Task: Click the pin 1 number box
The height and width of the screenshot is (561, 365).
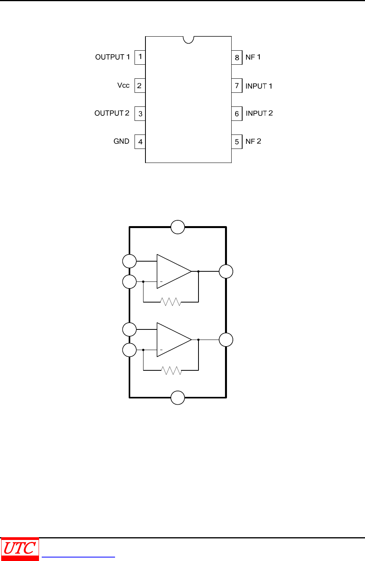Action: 140,57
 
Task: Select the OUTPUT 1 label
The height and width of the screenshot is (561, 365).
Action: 112,57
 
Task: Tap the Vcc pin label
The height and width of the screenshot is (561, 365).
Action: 123,85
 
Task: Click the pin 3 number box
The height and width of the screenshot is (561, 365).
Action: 140,114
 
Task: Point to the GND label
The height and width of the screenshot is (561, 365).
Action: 121,142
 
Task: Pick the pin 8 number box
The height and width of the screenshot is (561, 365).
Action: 237,58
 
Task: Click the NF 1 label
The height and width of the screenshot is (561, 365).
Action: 253,57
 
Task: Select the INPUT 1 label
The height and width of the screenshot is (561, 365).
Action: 259,86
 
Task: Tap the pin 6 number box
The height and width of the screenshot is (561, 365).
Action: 237,114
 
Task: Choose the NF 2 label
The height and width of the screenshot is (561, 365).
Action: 253,142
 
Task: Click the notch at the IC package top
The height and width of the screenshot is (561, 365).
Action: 188,39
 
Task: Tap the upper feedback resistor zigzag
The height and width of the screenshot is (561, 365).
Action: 171,302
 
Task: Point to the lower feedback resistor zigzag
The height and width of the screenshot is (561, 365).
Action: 171,370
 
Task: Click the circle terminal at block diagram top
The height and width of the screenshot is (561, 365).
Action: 178,227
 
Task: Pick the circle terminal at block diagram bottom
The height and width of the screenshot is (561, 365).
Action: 178,398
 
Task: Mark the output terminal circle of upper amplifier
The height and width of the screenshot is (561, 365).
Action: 226,271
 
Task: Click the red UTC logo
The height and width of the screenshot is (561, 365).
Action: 20,549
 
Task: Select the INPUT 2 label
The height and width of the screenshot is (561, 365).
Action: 259,113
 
